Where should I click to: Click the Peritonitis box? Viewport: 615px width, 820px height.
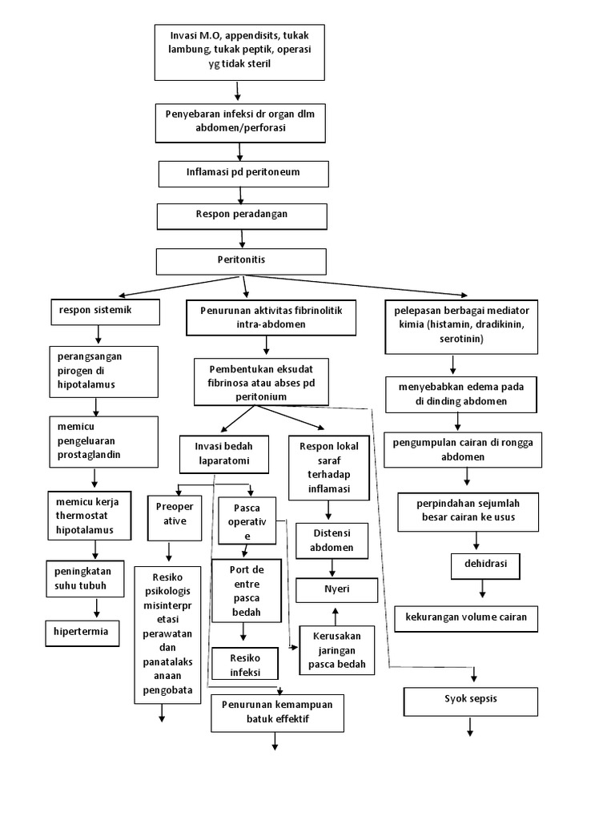coord(241,261)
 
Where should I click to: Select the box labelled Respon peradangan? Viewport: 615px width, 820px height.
coord(242,215)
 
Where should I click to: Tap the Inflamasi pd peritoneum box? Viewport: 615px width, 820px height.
coord(243,173)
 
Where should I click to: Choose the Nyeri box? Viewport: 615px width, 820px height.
coord(335,590)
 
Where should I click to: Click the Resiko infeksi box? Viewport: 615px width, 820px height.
coord(245,664)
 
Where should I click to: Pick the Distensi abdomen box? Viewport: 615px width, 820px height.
coord(332,541)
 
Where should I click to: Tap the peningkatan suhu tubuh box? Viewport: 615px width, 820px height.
coord(85,578)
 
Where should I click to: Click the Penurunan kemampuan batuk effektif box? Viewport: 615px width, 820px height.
coord(277,712)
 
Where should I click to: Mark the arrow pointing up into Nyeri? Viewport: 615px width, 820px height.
coord(336,613)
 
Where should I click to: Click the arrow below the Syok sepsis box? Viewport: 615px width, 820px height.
coord(470,727)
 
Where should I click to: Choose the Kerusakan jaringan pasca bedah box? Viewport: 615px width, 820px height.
coord(336,650)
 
